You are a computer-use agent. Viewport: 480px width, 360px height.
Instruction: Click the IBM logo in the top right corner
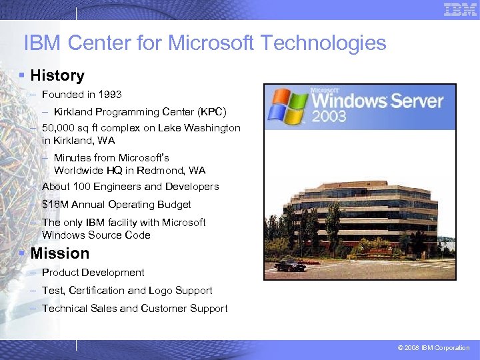[x=460, y=9]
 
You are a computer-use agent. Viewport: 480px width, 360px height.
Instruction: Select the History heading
[x=57, y=76]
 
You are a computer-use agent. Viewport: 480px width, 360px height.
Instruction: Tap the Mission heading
[x=59, y=253]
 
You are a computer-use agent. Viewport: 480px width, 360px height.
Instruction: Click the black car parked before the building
[x=289, y=265]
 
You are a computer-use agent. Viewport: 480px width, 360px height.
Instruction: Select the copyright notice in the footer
[x=433, y=348]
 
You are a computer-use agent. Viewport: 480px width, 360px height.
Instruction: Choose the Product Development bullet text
[x=93, y=273]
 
